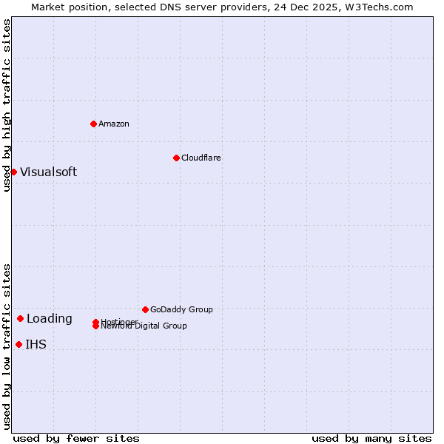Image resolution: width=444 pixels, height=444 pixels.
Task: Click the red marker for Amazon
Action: click(94, 124)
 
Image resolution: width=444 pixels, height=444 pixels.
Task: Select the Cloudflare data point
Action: click(176, 158)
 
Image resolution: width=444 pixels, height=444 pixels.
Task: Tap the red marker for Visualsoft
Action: click(13, 172)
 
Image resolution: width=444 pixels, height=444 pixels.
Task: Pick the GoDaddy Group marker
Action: click(145, 309)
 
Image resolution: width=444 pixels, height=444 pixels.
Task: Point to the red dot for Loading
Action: click(20, 318)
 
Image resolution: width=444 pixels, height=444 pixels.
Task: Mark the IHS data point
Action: click(18, 344)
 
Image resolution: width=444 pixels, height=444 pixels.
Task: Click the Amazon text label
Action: click(114, 124)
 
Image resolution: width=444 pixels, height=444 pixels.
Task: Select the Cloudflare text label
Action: click(201, 158)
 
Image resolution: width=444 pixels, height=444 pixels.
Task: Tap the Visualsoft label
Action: click(48, 172)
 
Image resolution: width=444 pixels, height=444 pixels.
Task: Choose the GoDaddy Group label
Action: click(181, 309)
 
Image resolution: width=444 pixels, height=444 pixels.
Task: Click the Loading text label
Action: click(50, 319)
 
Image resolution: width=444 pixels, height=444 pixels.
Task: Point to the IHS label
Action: click(36, 345)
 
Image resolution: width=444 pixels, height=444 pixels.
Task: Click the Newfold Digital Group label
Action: click(144, 326)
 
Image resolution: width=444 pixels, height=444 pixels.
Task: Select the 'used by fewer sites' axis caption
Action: click(76, 438)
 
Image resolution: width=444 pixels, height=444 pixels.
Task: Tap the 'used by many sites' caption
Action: click(371, 438)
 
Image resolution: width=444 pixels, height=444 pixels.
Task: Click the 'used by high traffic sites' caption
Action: click(7, 105)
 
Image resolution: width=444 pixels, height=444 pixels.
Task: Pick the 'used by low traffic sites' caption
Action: click(7, 346)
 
